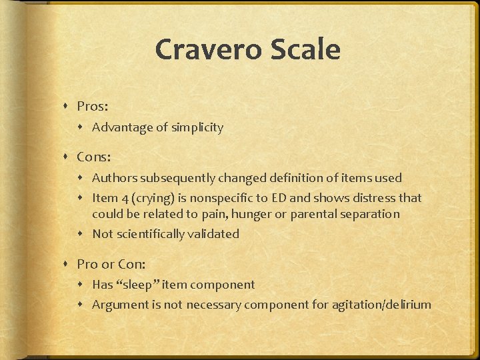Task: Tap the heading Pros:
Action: click(x=92, y=106)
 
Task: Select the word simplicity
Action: click(x=197, y=127)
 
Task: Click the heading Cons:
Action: click(x=94, y=157)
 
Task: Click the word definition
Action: click(x=295, y=178)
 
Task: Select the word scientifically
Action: click(x=151, y=234)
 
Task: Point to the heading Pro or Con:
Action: click(x=111, y=264)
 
